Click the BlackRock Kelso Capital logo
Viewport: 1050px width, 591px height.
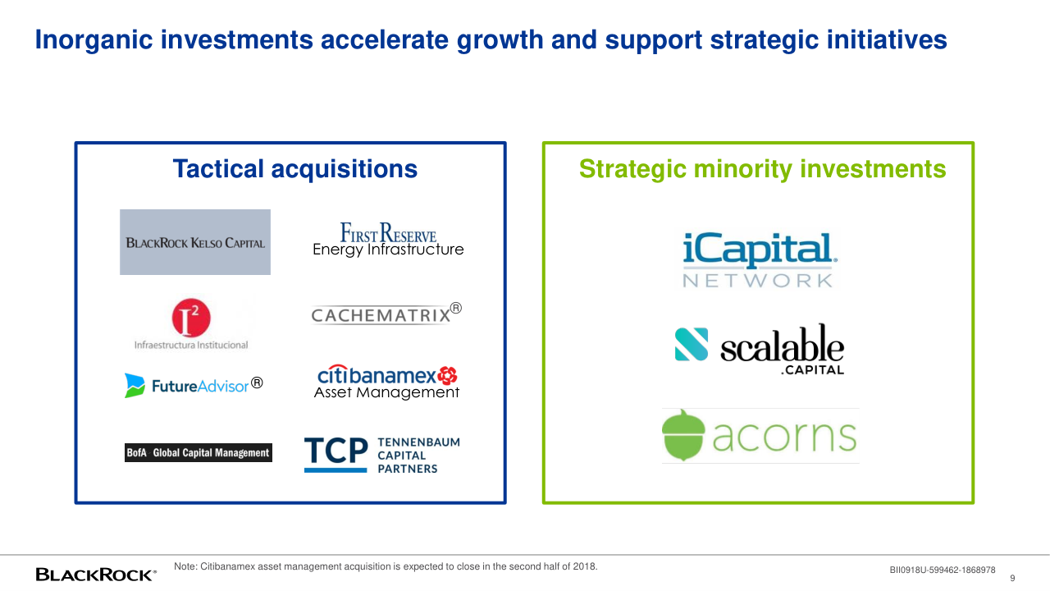pyautogui.click(x=195, y=242)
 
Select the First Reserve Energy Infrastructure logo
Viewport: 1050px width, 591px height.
pyautogui.click(x=388, y=239)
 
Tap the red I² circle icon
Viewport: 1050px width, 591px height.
pyautogui.click(x=191, y=318)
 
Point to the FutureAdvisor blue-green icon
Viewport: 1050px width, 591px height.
pyautogui.click(x=135, y=386)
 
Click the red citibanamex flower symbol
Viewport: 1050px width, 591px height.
pyautogui.click(x=447, y=375)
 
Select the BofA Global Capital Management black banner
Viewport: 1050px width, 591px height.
pyautogui.click(x=199, y=452)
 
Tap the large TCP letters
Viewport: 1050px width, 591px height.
pyautogui.click(x=336, y=451)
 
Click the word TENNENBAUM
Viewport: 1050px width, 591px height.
pyautogui.click(x=419, y=442)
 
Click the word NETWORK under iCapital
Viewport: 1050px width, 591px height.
pyautogui.click(x=757, y=281)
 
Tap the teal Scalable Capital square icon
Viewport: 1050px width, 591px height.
pyautogui.click(x=692, y=344)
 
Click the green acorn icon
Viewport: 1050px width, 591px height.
pyautogui.click(x=683, y=435)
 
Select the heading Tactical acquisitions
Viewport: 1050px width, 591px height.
pyautogui.click(x=294, y=169)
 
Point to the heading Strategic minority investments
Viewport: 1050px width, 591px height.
pyautogui.click(x=763, y=169)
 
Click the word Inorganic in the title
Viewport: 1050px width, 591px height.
pyautogui.click(x=94, y=40)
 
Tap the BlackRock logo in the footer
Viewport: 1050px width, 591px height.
pyautogui.click(x=96, y=575)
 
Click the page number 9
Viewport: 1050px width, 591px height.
pyautogui.click(x=1012, y=579)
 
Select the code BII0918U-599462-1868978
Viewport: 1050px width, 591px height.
pyautogui.click(x=943, y=570)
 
